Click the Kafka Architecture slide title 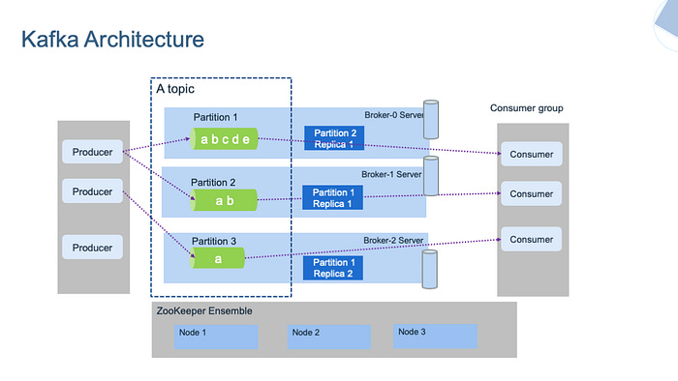(112, 41)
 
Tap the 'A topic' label (176, 89)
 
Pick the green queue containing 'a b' (225, 200)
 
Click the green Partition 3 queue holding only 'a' (217, 258)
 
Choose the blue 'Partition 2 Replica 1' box (334, 138)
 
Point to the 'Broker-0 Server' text (393, 115)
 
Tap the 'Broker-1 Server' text (392, 174)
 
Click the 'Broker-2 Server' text (392, 240)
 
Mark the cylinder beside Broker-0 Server (431, 117)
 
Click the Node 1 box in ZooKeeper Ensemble (216, 336)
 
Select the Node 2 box (329, 336)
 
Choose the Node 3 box (435, 336)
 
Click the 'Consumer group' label (526, 108)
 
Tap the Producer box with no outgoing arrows (93, 248)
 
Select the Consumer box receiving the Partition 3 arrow (531, 240)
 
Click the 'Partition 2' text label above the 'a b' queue (213, 182)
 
